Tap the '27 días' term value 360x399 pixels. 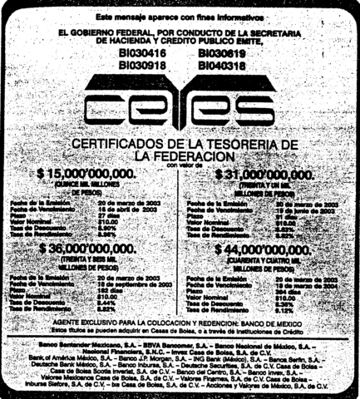[108, 213]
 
